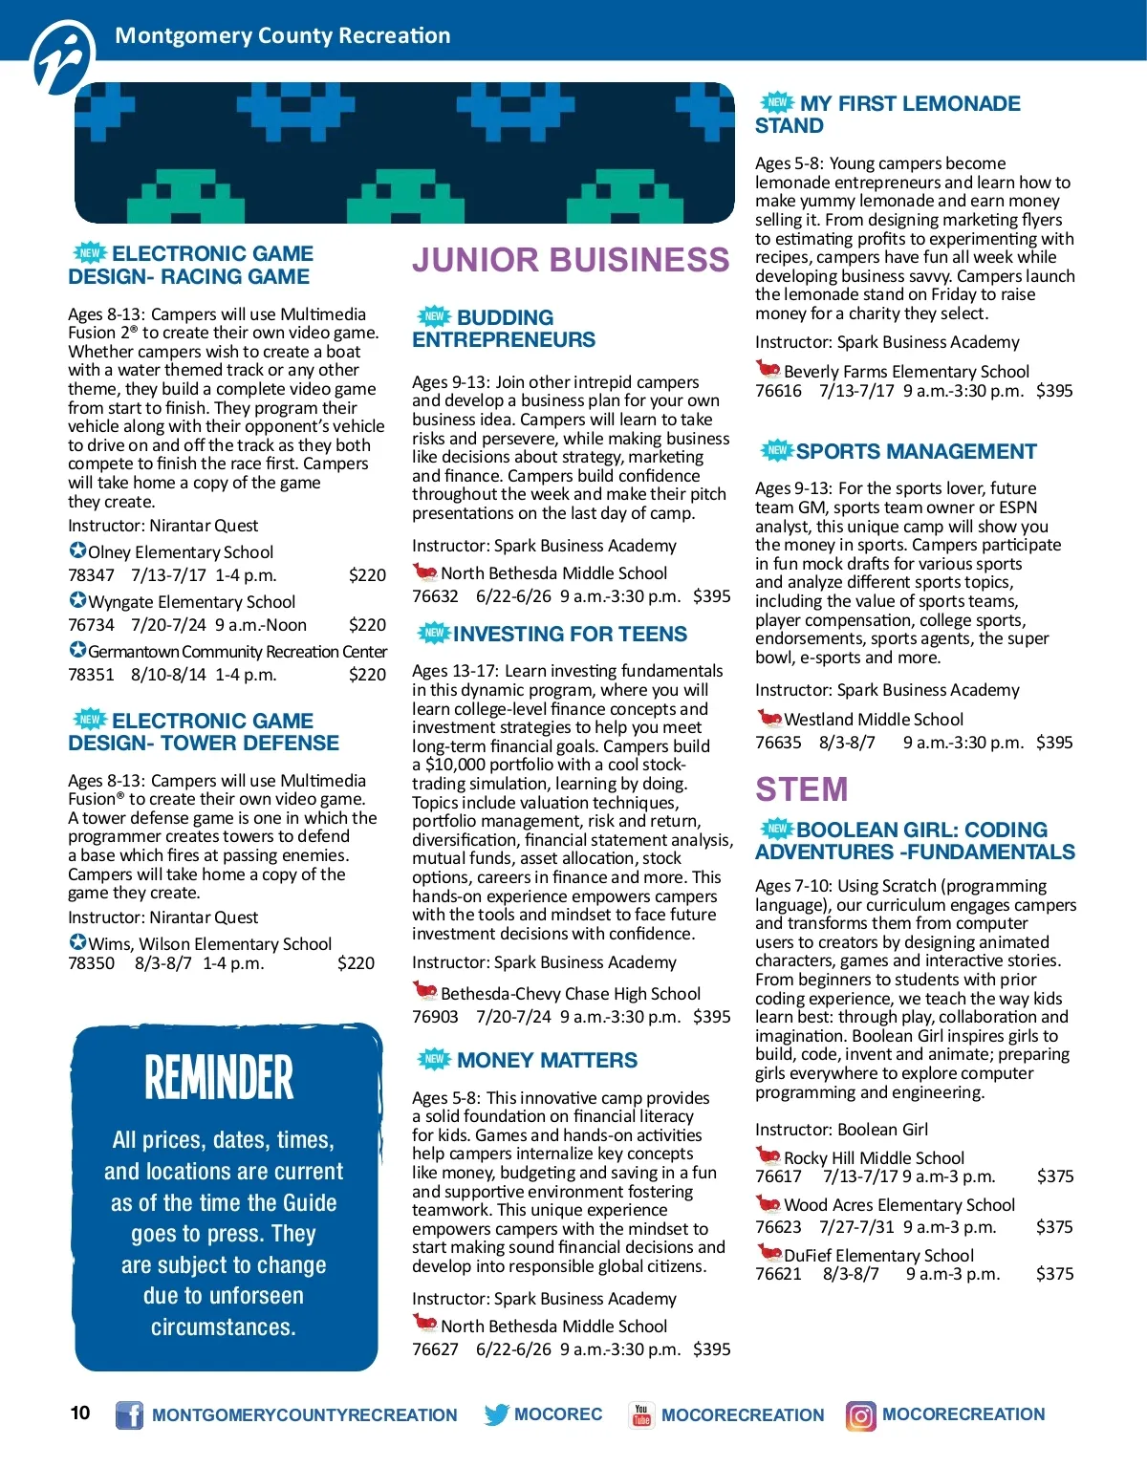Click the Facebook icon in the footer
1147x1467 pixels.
click(129, 1414)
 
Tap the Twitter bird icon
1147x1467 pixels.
click(496, 1414)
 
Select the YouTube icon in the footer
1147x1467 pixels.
click(640, 1414)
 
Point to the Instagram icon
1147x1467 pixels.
click(860, 1415)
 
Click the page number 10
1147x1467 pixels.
click(80, 1413)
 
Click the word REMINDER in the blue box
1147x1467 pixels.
click(219, 1078)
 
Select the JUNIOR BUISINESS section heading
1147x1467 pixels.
click(571, 260)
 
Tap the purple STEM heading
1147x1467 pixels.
click(801, 789)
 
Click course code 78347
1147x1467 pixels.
click(91, 575)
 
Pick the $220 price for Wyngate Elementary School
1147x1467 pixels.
click(367, 625)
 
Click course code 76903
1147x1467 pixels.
click(435, 1017)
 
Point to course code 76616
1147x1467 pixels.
click(778, 391)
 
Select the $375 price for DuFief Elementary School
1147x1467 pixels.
click(1054, 1274)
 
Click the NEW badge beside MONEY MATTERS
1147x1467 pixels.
click(435, 1059)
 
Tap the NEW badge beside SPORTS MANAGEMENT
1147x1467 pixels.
click(777, 450)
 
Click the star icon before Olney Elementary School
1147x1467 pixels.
click(77, 550)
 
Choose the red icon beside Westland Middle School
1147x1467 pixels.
click(768, 718)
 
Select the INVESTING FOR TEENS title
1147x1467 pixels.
click(570, 635)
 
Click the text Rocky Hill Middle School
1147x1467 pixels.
click(874, 1158)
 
